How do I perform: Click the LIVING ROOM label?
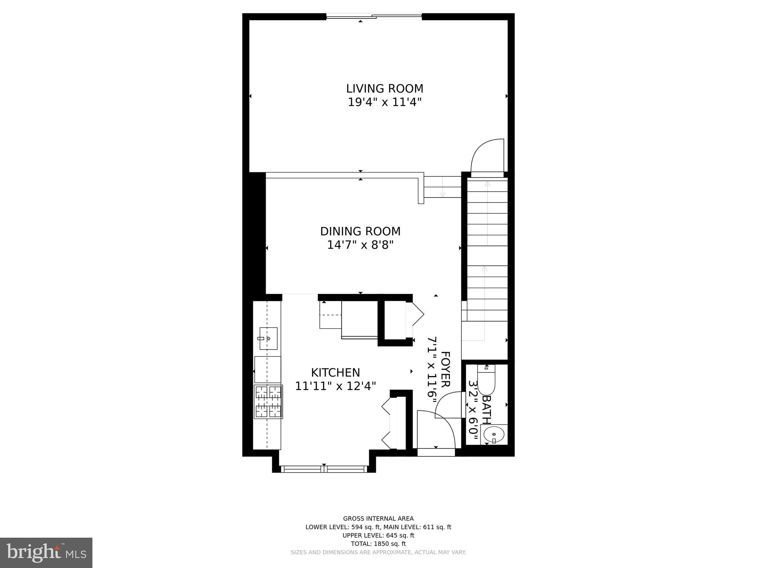pos(384,89)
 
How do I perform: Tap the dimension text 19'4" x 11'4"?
pos(384,102)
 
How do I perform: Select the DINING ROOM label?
pos(360,231)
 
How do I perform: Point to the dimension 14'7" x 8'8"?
pos(360,245)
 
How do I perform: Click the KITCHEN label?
pos(335,372)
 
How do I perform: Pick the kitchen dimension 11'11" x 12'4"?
pos(335,386)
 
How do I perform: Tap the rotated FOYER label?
pos(445,369)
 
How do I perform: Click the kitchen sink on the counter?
pos(268,338)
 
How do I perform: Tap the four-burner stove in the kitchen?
pos(268,402)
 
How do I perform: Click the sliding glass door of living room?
pos(374,16)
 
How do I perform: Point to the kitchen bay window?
pos(324,469)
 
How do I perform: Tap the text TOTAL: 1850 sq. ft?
pos(378,544)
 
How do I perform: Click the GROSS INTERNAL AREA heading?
pos(378,518)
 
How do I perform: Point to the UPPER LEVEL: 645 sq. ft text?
pos(378,535)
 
